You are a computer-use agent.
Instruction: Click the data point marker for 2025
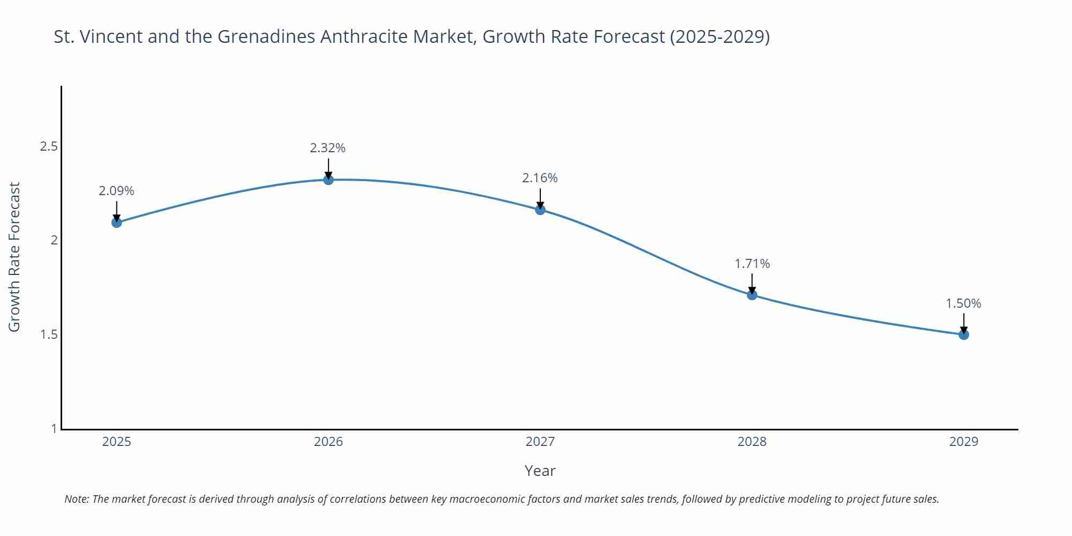click(x=116, y=222)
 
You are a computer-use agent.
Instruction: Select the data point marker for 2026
click(x=328, y=180)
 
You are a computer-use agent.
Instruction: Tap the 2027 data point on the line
click(x=540, y=210)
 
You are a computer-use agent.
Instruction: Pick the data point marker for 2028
click(x=751, y=294)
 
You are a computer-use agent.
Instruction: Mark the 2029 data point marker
click(x=963, y=334)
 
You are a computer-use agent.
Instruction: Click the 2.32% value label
click(x=327, y=148)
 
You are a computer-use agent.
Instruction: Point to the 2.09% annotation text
click(x=116, y=191)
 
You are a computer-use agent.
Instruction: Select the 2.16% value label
click(x=540, y=178)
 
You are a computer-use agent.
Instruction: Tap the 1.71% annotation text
click(x=751, y=264)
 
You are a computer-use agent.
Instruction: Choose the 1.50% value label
click(x=963, y=303)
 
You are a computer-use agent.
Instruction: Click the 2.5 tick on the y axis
click(x=49, y=146)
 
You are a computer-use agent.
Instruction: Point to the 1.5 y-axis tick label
click(x=49, y=334)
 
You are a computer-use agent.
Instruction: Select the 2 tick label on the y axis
click(x=54, y=240)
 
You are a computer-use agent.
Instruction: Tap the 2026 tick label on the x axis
click(x=328, y=442)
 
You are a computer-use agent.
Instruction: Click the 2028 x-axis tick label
click(x=751, y=442)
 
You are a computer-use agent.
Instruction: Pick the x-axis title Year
click(x=540, y=471)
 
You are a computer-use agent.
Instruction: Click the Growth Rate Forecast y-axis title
click(x=14, y=257)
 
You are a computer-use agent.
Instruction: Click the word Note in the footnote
click(x=76, y=499)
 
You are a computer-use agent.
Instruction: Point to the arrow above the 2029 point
click(x=963, y=323)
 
